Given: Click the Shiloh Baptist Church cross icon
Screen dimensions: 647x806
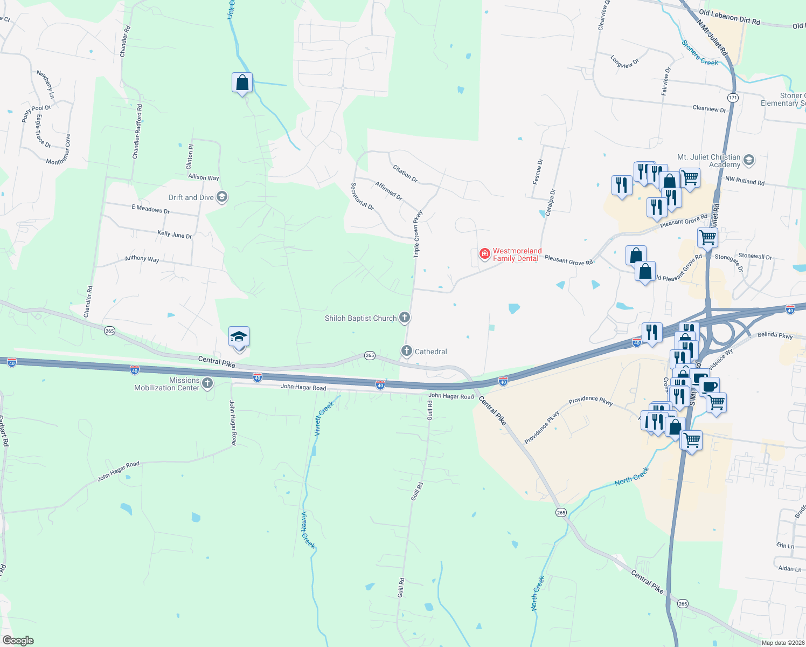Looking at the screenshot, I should pos(405,318).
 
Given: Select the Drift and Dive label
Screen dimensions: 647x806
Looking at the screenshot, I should pos(191,197).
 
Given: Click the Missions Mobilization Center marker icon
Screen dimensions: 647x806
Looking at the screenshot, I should pos(207,383).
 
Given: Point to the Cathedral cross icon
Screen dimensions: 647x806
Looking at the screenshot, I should pos(407,351).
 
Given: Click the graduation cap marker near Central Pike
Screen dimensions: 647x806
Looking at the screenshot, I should pos(239,338).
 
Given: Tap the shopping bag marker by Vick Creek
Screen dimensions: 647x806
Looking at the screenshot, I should pos(242,83).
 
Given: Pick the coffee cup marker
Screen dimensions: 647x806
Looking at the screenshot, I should pos(709,386).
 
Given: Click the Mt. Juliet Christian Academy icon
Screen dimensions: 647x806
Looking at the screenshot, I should pos(748,160).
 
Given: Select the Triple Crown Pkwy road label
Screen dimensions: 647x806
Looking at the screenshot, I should pos(418,234).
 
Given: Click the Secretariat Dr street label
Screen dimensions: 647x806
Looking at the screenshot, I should pos(362,196).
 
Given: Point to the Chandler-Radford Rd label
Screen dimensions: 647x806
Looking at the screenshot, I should pos(137,132).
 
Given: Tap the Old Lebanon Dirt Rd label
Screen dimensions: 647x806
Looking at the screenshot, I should pos(729,18).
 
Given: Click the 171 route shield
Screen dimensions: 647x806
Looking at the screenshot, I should pos(732,98).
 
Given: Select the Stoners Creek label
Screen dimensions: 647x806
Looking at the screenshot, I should pos(699,53).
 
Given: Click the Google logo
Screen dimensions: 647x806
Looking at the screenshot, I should pos(18,641).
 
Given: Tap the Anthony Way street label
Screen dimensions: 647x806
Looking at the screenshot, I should pos(142,258).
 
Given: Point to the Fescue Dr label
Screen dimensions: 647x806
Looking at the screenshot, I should pos(538,171).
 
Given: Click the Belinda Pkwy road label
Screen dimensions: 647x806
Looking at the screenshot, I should pos(775,335).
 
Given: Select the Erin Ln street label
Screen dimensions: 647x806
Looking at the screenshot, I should pos(785,546).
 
